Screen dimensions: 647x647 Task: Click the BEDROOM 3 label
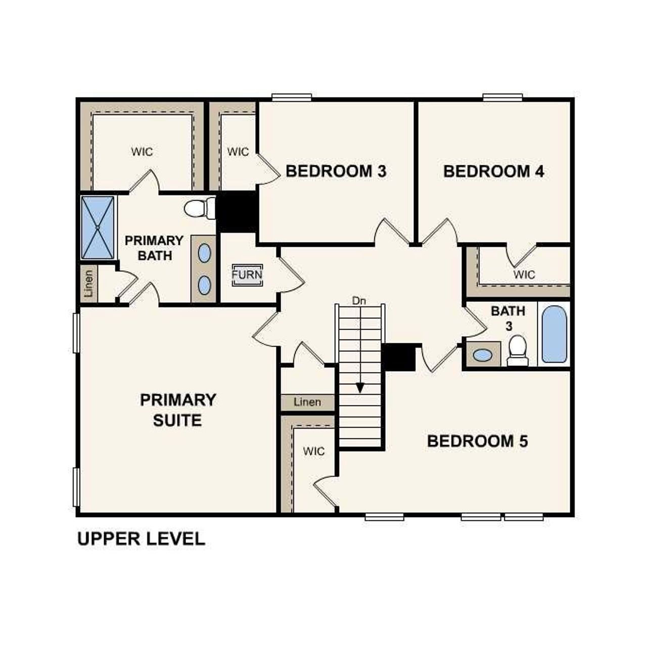pyautogui.click(x=336, y=171)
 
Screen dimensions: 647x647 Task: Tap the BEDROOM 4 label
pyautogui.click(x=493, y=171)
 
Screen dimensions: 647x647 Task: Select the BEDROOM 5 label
pyautogui.click(x=477, y=441)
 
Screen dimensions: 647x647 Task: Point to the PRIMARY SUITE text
pyautogui.click(x=178, y=410)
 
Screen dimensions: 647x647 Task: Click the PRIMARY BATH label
pyautogui.click(x=154, y=248)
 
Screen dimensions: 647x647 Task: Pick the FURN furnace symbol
pyautogui.click(x=247, y=275)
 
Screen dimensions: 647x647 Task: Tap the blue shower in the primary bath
pyautogui.click(x=98, y=227)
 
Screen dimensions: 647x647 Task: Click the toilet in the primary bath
pyautogui.click(x=198, y=208)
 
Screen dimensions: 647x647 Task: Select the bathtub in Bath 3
pyautogui.click(x=554, y=334)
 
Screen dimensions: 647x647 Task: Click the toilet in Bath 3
pyautogui.click(x=518, y=350)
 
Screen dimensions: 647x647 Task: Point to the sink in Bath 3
pyautogui.click(x=482, y=355)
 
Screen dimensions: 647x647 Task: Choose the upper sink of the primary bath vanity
pyautogui.click(x=204, y=253)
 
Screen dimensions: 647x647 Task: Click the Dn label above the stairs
pyautogui.click(x=359, y=301)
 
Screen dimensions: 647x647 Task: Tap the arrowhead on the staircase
pyautogui.click(x=360, y=388)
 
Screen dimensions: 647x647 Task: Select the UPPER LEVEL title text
pyautogui.click(x=141, y=539)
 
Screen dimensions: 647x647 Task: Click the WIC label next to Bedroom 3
pyautogui.click(x=238, y=152)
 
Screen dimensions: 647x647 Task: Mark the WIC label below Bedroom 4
pyautogui.click(x=524, y=274)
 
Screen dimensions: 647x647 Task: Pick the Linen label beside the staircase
pyautogui.click(x=307, y=402)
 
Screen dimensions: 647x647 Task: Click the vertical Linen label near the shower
pyautogui.click(x=89, y=284)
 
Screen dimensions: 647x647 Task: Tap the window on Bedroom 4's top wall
pyautogui.click(x=502, y=97)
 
